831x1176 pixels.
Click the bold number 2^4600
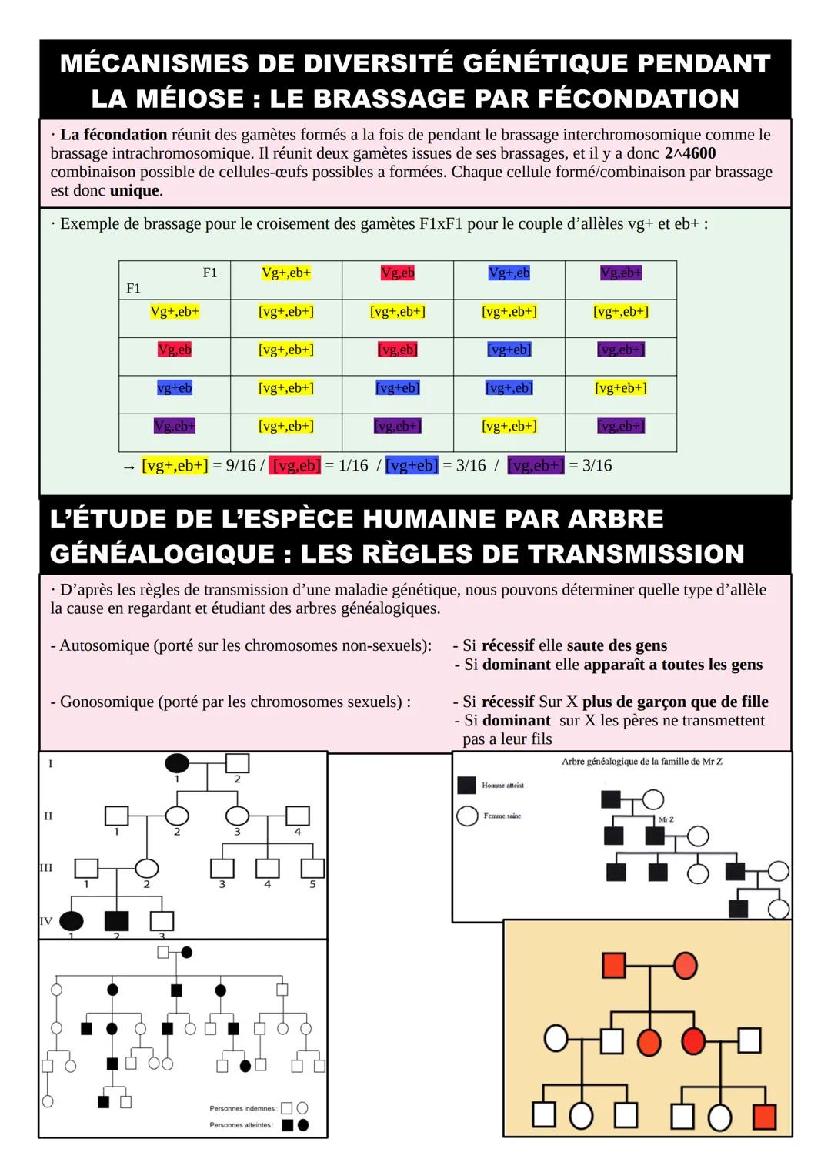[x=689, y=153]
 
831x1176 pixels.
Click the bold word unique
[x=135, y=191]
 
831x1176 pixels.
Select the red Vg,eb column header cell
[x=398, y=273]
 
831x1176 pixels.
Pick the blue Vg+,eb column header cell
[x=509, y=273]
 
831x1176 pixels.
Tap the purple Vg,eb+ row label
[x=175, y=426]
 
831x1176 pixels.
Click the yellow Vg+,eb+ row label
[x=175, y=311]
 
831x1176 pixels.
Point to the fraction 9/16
[x=240, y=465]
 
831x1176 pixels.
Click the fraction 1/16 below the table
[x=353, y=465]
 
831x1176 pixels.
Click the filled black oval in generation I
[x=177, y=763]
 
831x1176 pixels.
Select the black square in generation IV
[x=116, y=920]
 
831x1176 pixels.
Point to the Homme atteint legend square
[x=466, y=785]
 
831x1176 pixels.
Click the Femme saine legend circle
[x=467, y=816]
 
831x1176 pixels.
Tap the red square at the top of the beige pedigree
[x=613, y=965]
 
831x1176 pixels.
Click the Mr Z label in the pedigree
[x=666, y=819]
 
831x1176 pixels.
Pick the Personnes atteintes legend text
[x=241, y=1125]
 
